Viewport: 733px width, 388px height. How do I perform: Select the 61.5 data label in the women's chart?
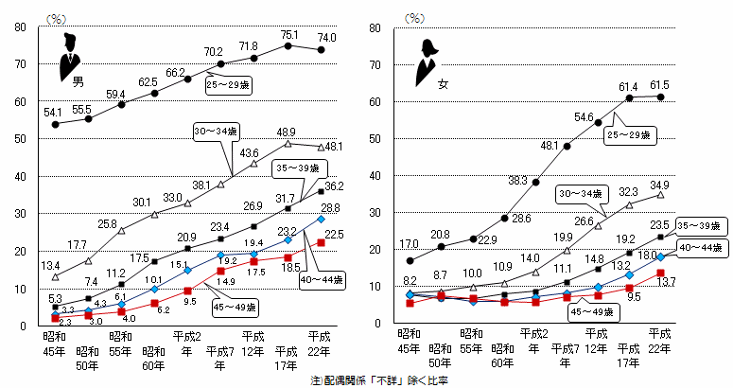pos(661,85)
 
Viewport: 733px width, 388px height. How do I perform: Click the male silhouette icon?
pos(69,58)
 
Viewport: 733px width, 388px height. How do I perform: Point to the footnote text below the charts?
pos(379,379)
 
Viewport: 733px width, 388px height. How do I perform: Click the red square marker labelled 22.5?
pos(322,242)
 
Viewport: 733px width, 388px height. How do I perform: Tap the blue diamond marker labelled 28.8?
pos(322,220)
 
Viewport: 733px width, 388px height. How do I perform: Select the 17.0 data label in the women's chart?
pos(410,243)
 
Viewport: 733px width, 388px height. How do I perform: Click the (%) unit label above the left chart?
pos(56,16)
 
